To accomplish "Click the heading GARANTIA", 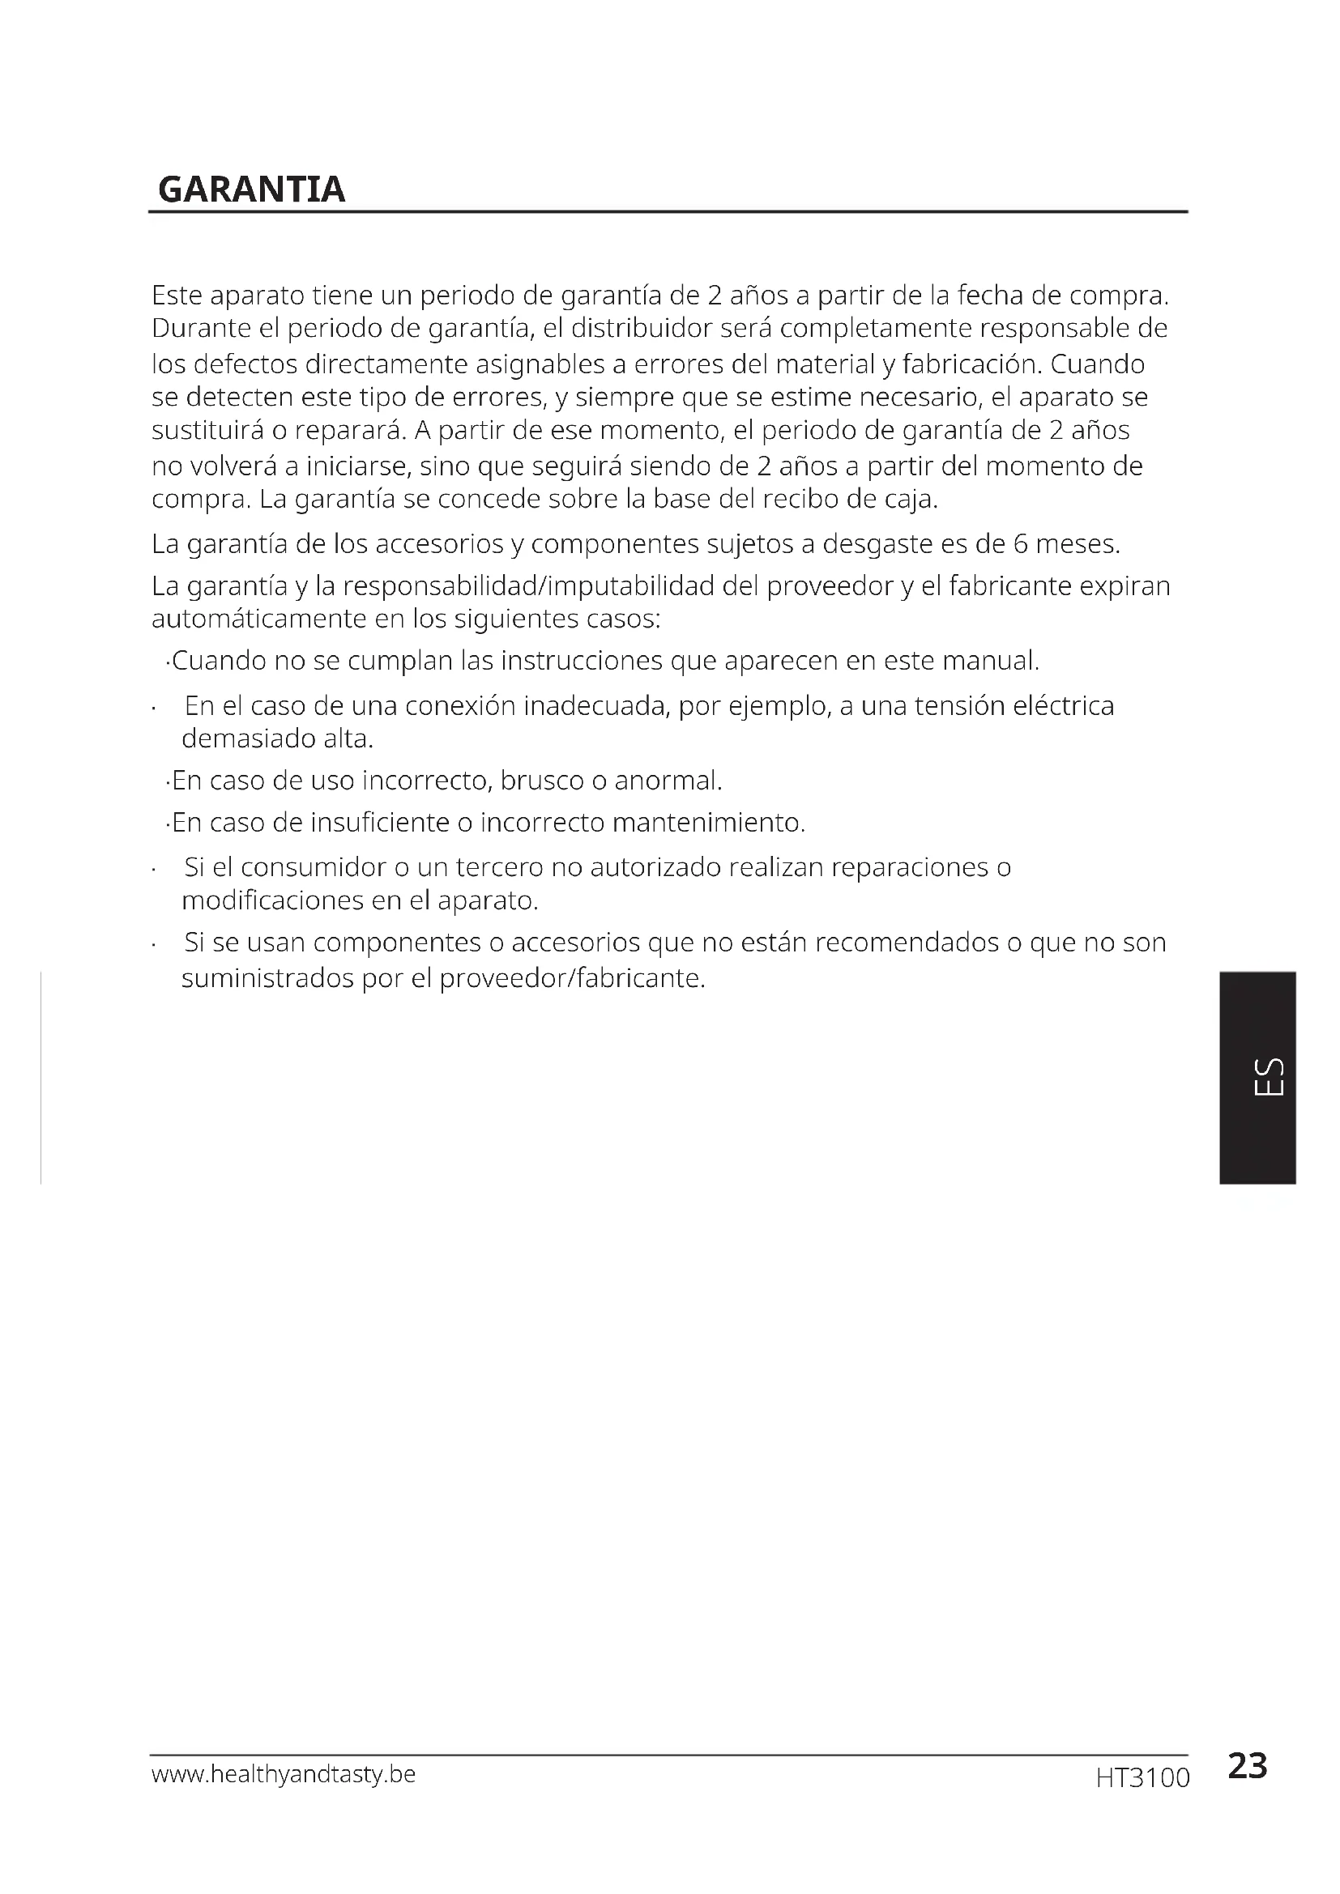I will [x=251, y=189].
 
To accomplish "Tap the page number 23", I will [x=1247, y=1766].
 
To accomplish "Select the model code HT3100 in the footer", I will [x=1143, y=1777].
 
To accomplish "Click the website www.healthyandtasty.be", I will [x=283, y=1773].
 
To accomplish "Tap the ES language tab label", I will [x=1268, y=1076].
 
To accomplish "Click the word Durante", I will [x=200, y=328].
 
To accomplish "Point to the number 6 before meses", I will [x=1020, y=544].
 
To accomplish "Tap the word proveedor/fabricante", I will [x=573, y=978].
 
